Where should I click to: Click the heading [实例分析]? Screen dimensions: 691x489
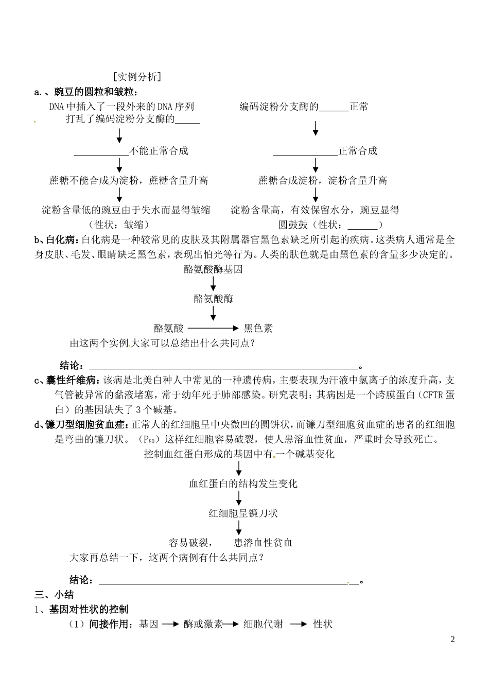click(x=136, y=77)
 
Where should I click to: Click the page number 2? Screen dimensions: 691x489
click(x=453, y=640)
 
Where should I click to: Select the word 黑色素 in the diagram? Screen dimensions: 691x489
click(x=258, y=328)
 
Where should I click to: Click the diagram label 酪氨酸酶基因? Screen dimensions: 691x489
click(x=213, y=269)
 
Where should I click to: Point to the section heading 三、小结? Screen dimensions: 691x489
click(x=54, y=595)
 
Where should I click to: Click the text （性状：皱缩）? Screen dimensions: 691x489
click(x=118, y=224)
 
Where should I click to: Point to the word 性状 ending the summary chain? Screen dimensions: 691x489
click(x=323, y=624)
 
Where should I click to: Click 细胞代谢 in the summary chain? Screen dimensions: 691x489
click(x=263, y=624)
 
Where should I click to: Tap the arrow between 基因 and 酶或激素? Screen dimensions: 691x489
click(x=170, y=624)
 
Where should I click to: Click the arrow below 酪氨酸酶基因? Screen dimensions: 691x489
click(x=213, y=283)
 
